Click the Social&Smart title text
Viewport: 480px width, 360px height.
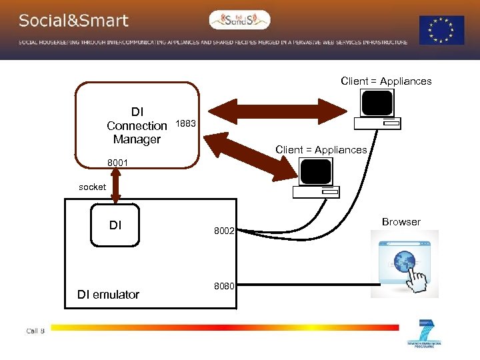coord(73,21)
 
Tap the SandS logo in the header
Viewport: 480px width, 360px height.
coord(239,21)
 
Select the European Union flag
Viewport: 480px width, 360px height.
coord(441,30)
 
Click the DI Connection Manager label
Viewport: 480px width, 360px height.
coord(137,125)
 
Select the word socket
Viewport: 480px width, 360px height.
coord(92,187)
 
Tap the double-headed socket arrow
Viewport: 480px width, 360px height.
coord(116,184)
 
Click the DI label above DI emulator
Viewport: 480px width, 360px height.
coord(115,225)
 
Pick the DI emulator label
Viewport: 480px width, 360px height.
coord(108,294)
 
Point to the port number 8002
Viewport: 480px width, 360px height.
coord(224,231)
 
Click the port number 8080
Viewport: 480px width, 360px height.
coord(224,286)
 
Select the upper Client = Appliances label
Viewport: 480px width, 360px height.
coord(386,81)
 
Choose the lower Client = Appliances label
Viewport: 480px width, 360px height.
coord(321,150)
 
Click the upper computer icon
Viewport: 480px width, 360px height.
coord(377,109)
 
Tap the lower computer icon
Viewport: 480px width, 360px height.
coord(316,179)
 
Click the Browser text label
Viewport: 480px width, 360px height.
coord(401,222)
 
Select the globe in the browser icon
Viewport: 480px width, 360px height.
coord(405,259)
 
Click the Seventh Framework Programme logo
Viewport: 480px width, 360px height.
coord(424,333)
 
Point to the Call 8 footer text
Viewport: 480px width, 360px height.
coord(35,331)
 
